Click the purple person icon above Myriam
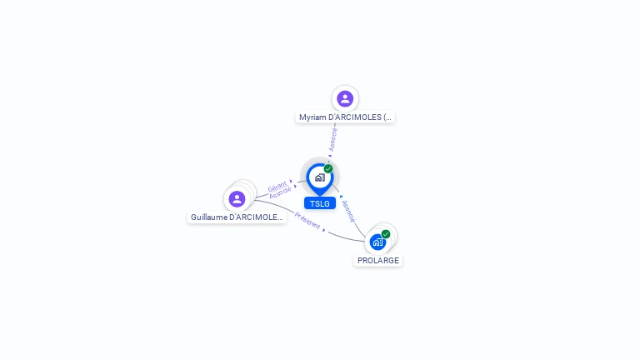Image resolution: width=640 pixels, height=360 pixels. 345,99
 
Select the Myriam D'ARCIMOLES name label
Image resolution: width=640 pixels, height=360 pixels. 345,117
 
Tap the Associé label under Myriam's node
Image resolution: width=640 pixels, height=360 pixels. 333,138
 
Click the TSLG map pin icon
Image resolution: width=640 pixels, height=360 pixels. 319,177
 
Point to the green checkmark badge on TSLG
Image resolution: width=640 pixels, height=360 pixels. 328,169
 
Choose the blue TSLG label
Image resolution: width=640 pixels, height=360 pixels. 319,203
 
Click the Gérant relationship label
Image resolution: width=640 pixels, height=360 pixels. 277,187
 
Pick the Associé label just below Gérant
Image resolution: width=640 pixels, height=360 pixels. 280,193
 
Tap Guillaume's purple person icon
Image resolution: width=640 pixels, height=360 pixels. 237,199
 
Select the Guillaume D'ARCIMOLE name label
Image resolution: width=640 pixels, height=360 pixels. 237,217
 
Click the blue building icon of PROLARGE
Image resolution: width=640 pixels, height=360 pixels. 378,242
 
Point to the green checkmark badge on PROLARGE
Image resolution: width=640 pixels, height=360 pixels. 386,234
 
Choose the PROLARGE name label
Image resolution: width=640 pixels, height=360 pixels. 378,261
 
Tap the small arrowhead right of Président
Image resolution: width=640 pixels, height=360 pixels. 324,230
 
